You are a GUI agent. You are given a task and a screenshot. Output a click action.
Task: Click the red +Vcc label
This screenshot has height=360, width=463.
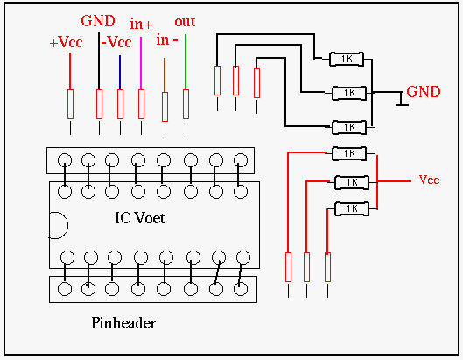coord(66,42)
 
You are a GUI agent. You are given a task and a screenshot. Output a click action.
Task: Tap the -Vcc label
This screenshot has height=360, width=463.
coord(116,42)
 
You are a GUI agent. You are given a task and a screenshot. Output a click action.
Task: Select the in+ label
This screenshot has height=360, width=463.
coord(141,24)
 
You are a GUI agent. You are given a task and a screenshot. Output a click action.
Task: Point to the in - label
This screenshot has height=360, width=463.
coord(167,40)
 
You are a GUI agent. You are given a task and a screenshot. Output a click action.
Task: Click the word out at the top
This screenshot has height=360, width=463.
coord(186,22)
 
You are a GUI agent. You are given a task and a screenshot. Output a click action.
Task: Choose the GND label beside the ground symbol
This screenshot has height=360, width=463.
coord(424,92)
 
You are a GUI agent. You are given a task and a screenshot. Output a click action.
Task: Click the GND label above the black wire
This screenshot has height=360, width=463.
coord(98,21)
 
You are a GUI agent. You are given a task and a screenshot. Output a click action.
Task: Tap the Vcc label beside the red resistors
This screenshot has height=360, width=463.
coord(430,180)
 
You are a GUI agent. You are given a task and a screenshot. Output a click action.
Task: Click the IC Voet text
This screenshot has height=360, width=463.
coord(140,218)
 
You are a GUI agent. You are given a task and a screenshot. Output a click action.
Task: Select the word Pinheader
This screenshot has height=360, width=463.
coord(123,323)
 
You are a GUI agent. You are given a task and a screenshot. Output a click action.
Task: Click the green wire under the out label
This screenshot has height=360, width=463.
coord(186,62)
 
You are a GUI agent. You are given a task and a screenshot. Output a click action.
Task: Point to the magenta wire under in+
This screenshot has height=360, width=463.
coord(141,63)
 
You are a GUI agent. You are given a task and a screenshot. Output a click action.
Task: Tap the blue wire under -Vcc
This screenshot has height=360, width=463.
coord(120,73)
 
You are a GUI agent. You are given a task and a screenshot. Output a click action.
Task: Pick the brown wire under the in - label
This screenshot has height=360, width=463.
coord(165,75)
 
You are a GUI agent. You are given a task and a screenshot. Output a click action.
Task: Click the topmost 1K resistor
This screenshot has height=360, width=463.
coord(347,59)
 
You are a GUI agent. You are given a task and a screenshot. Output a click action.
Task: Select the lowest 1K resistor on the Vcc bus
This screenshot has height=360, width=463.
coord(352,209)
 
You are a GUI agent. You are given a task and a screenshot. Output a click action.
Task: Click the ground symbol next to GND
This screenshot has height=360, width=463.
coord(401,99)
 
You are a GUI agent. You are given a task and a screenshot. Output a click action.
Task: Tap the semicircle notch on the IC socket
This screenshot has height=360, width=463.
coord(59,225)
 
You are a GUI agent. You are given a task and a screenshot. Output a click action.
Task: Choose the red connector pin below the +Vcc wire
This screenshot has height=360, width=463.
coord(70,104)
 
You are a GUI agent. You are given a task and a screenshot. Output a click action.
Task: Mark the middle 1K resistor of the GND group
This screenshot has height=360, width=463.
coord(349,94)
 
